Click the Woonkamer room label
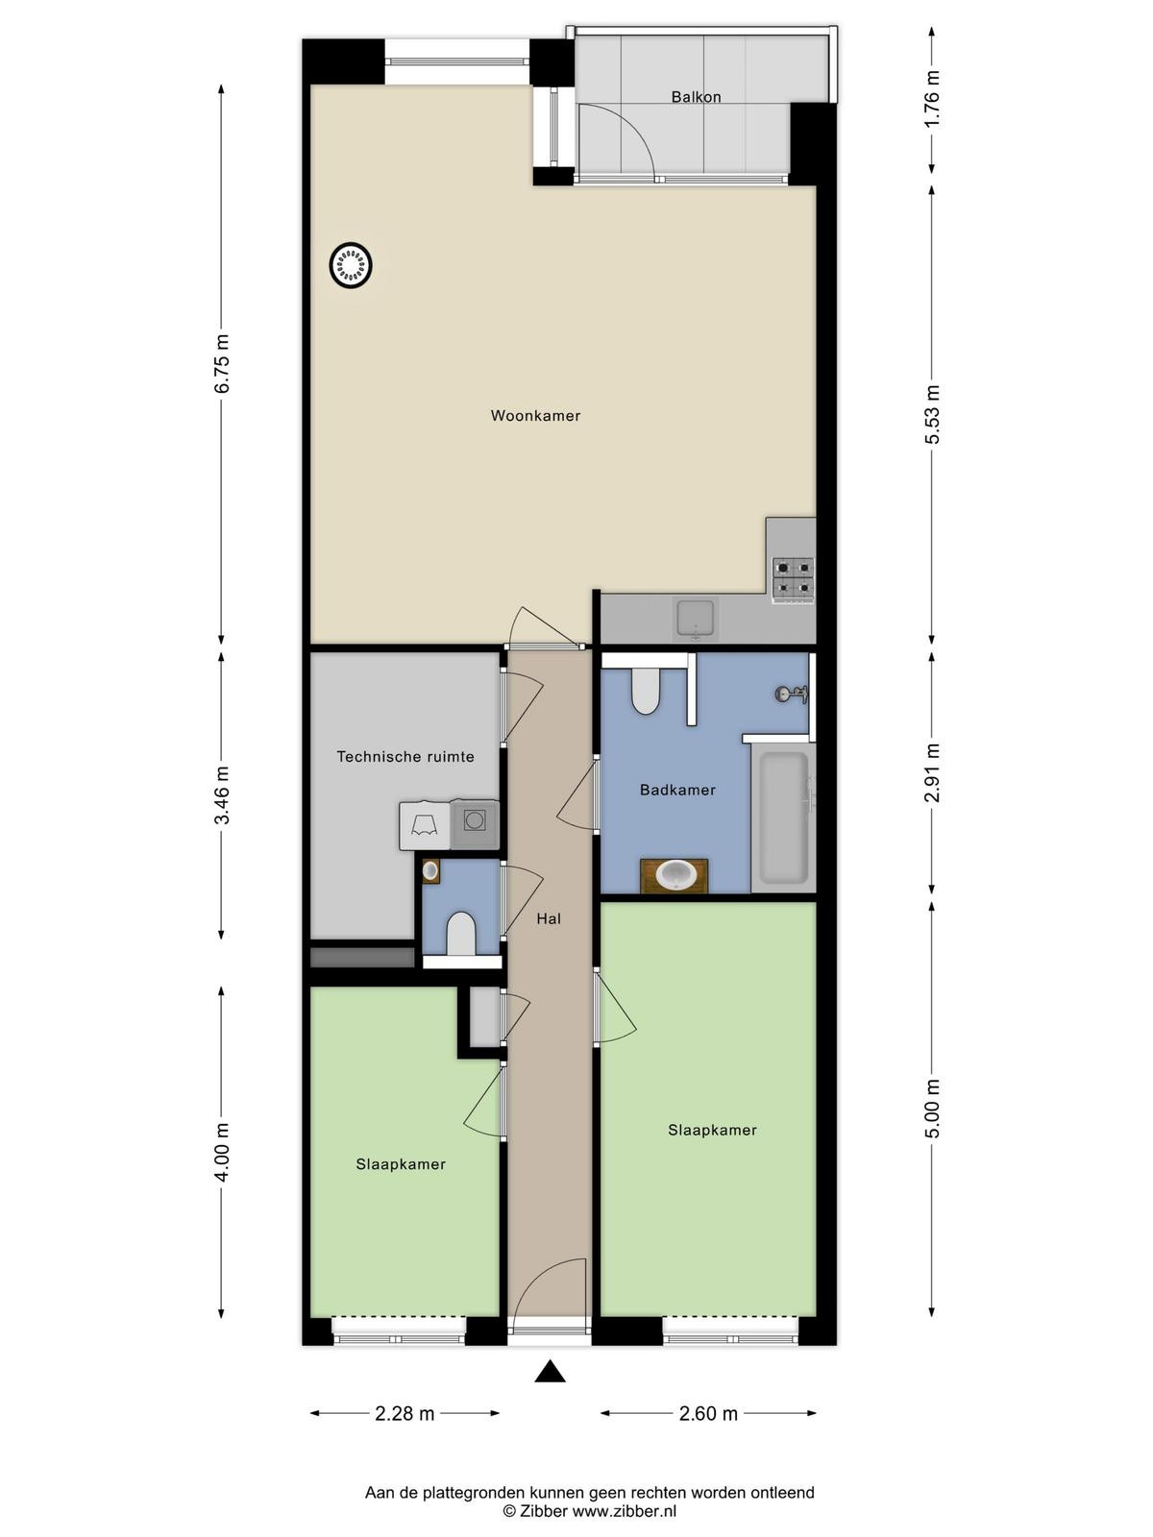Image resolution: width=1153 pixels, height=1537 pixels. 535,415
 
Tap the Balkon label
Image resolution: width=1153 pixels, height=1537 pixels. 696,97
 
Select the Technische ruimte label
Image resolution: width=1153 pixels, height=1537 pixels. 405,756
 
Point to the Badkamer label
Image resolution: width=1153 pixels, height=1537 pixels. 677,790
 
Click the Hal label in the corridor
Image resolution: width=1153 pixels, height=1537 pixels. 549,918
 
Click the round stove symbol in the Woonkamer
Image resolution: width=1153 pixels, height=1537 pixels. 350,265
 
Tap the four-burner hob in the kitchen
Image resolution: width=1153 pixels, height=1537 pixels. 794,580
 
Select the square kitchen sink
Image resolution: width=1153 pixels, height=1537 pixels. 695,619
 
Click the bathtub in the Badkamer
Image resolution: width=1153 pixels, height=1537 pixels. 784,817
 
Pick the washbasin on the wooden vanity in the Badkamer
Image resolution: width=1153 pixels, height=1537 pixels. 675,875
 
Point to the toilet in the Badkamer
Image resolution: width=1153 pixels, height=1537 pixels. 644,690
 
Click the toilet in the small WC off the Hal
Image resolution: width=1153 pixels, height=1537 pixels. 461,934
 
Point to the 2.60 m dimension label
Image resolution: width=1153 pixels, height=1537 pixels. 708,1414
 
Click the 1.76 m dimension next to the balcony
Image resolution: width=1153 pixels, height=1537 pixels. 931,99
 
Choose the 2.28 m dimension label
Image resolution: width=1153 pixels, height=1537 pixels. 405,1414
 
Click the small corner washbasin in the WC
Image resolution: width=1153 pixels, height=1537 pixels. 430,871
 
